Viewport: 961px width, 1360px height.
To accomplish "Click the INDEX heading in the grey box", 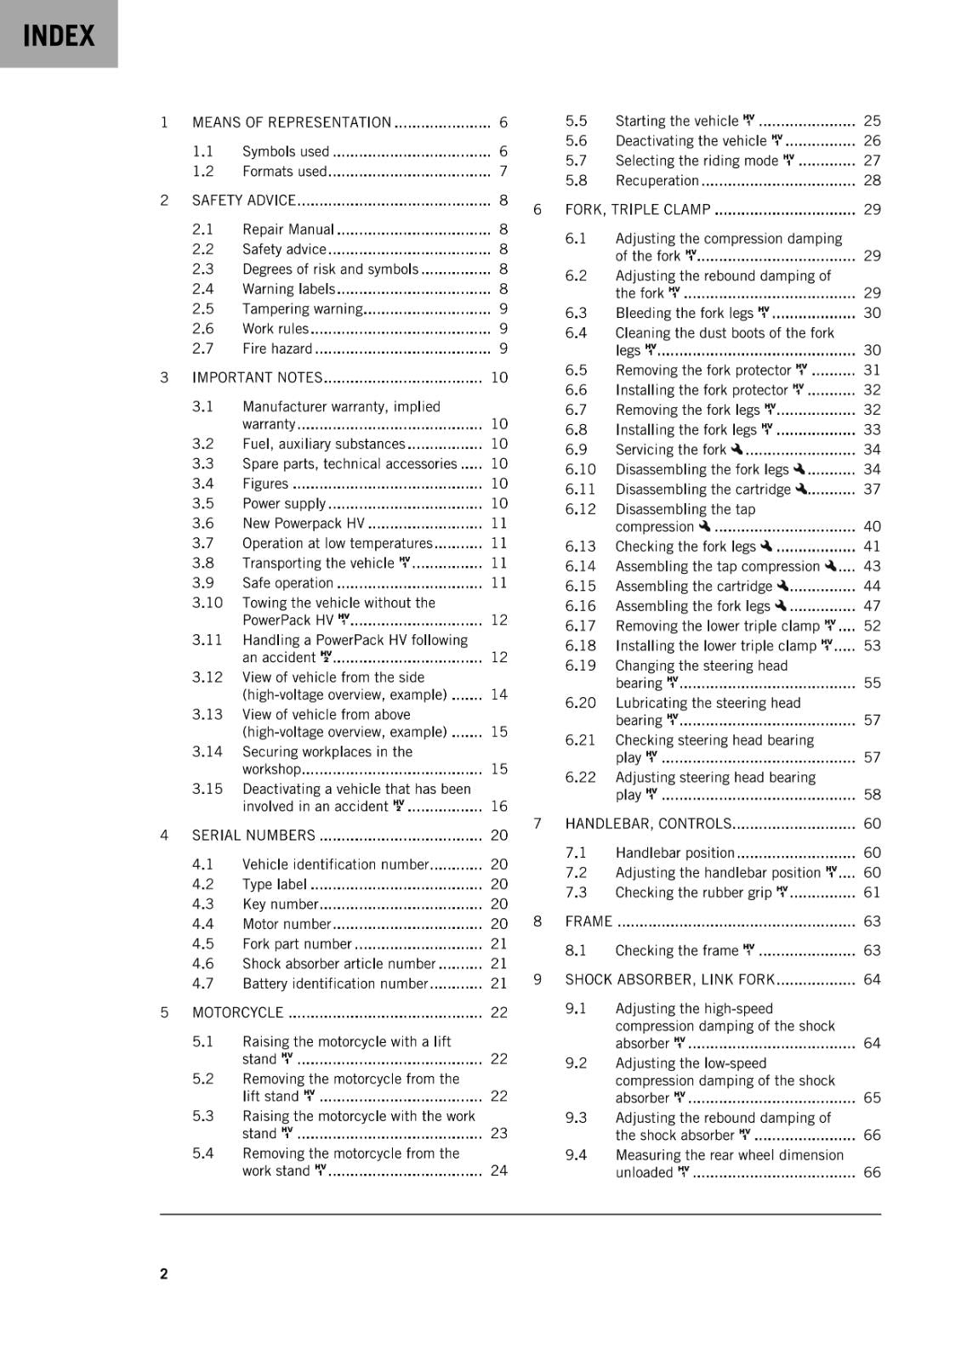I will (x=59, y=36).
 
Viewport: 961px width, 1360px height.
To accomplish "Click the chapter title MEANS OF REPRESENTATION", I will (x=291, y=122).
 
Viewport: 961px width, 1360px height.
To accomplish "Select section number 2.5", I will (x=202, y=309).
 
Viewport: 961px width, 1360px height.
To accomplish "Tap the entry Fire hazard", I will (x=277, y=348).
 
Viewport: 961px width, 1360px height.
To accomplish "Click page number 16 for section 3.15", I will (x=498, y=806).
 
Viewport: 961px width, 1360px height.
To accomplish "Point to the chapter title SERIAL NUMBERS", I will (x=253, y=836).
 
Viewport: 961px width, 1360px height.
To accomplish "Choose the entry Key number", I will (x=280, y=904).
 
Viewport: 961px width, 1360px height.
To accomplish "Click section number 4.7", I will (x=202, y=983).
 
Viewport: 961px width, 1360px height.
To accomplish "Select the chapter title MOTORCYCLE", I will (x=237, y=1012).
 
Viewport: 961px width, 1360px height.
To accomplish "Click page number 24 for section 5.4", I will (x=498, y=1170).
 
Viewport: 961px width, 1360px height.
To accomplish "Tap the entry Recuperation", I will (x=657, y=180).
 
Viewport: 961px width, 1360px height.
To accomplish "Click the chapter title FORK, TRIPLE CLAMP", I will (x=637, y=210).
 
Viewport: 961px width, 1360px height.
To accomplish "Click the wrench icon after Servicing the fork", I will (x=736, y=449).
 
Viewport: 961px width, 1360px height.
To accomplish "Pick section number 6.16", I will (x=580, y=606).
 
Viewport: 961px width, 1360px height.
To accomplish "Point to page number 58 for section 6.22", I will (x=872, y=795).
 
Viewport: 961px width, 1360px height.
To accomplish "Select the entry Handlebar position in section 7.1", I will (x=674, y=853).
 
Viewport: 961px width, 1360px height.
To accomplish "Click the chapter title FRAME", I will (x=589, y=921).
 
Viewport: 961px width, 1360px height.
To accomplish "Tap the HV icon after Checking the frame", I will (x=748, y=949).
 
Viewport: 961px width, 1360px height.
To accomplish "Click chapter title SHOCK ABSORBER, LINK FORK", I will (x=670, y=980).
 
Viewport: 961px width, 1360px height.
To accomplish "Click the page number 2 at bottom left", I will (x=164, y=1273).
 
